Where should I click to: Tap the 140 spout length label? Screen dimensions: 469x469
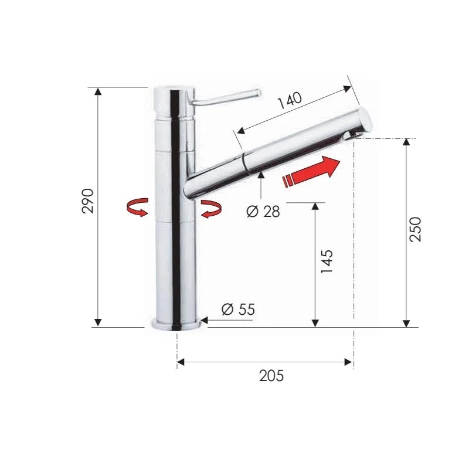pos(290,100)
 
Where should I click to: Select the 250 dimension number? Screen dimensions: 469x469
pos(415,229)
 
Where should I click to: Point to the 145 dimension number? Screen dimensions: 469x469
pos(327,261)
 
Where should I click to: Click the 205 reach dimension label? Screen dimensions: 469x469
pos(271,376)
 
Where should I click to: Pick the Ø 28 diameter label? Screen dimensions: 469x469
pos(263,212)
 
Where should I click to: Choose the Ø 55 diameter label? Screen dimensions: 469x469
pos(238,310)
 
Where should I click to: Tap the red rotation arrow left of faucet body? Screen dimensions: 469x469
pos(137,207)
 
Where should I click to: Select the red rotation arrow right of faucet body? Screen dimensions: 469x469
pos(211,209)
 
